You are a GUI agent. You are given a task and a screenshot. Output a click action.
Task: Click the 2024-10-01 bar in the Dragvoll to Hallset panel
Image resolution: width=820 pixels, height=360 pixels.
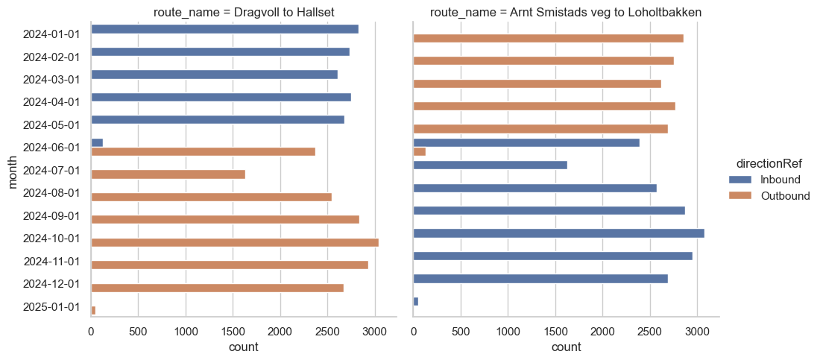click(x=235, y=242)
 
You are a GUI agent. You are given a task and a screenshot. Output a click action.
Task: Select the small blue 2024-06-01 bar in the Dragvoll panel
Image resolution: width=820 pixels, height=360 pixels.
click(x=97, y=142)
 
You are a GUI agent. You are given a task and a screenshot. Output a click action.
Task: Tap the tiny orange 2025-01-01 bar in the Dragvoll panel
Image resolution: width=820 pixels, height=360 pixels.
click(x=93, y=310)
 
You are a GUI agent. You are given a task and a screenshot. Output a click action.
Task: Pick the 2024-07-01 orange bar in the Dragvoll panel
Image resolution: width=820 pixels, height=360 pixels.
click(x=168, y=174)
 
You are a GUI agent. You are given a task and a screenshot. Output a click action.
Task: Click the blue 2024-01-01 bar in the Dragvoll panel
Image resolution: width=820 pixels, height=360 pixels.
click(x=224, y=29)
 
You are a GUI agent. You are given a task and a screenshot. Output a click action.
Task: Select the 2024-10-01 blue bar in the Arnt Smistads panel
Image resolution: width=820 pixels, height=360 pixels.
click(x=558, y=233)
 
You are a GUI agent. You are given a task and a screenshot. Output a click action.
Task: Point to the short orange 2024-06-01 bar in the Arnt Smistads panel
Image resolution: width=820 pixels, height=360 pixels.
click(x=419, y=151)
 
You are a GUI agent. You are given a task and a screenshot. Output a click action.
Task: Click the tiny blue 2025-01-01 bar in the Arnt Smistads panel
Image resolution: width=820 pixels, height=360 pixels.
click(x=415, y=301)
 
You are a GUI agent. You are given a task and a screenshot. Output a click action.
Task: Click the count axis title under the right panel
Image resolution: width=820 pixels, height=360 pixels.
click(x=566, y=347)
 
